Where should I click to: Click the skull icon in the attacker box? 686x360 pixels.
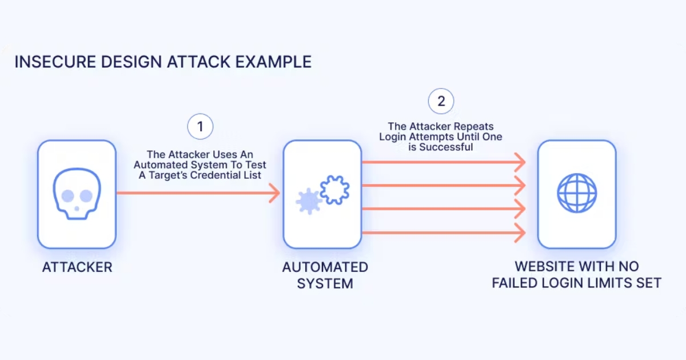click(77, 194)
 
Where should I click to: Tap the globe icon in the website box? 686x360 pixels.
click(577, 194)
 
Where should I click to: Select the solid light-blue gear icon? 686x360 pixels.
click(308, 202)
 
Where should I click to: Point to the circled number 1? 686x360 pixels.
click(200, 127)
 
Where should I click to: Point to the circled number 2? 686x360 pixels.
click(441, 102)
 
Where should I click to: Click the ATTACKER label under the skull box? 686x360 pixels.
click(77, 267)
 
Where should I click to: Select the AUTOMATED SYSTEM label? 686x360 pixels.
click(325, 275)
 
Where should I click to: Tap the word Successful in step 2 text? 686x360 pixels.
click(451, 147)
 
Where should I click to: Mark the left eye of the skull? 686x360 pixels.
click(67, 196)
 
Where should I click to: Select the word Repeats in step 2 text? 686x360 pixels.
click(474, 126)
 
